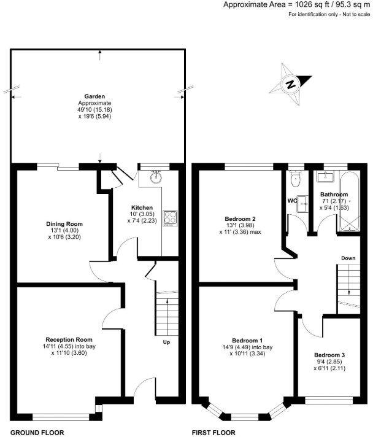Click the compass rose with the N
293,82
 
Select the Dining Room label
65,224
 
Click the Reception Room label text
69,339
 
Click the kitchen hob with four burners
170,218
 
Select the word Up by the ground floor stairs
166,342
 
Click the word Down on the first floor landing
348,258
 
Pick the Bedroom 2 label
240,218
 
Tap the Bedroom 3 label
329,355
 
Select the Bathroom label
334,195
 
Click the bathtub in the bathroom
354,199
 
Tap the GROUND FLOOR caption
37,432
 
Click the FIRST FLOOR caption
214,432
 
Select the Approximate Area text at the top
297,5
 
